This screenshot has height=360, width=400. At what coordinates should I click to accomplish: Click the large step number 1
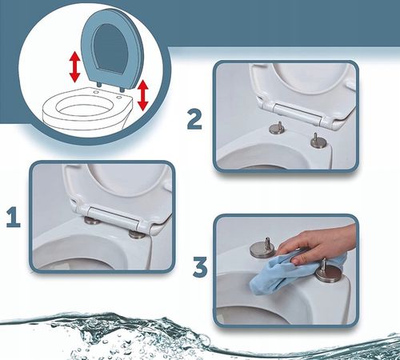tap(14, 218)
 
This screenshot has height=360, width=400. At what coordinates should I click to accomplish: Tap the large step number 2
tap(194, 120)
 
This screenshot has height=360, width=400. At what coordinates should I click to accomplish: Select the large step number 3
tap(200, 266)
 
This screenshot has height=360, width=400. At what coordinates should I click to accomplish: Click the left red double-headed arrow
tap(74, 67)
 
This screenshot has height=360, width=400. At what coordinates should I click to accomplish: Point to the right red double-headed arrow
tap(143, 95)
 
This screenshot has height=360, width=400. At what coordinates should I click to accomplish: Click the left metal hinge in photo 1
tap(91, 220)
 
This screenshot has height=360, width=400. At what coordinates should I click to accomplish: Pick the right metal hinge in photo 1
tap(137, 234)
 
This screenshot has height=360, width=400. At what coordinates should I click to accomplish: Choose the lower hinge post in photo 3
tap(329, 272)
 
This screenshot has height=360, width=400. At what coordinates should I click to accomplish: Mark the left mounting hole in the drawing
tap(97, 92)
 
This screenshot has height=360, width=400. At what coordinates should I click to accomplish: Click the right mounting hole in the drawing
tap(118, 98)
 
